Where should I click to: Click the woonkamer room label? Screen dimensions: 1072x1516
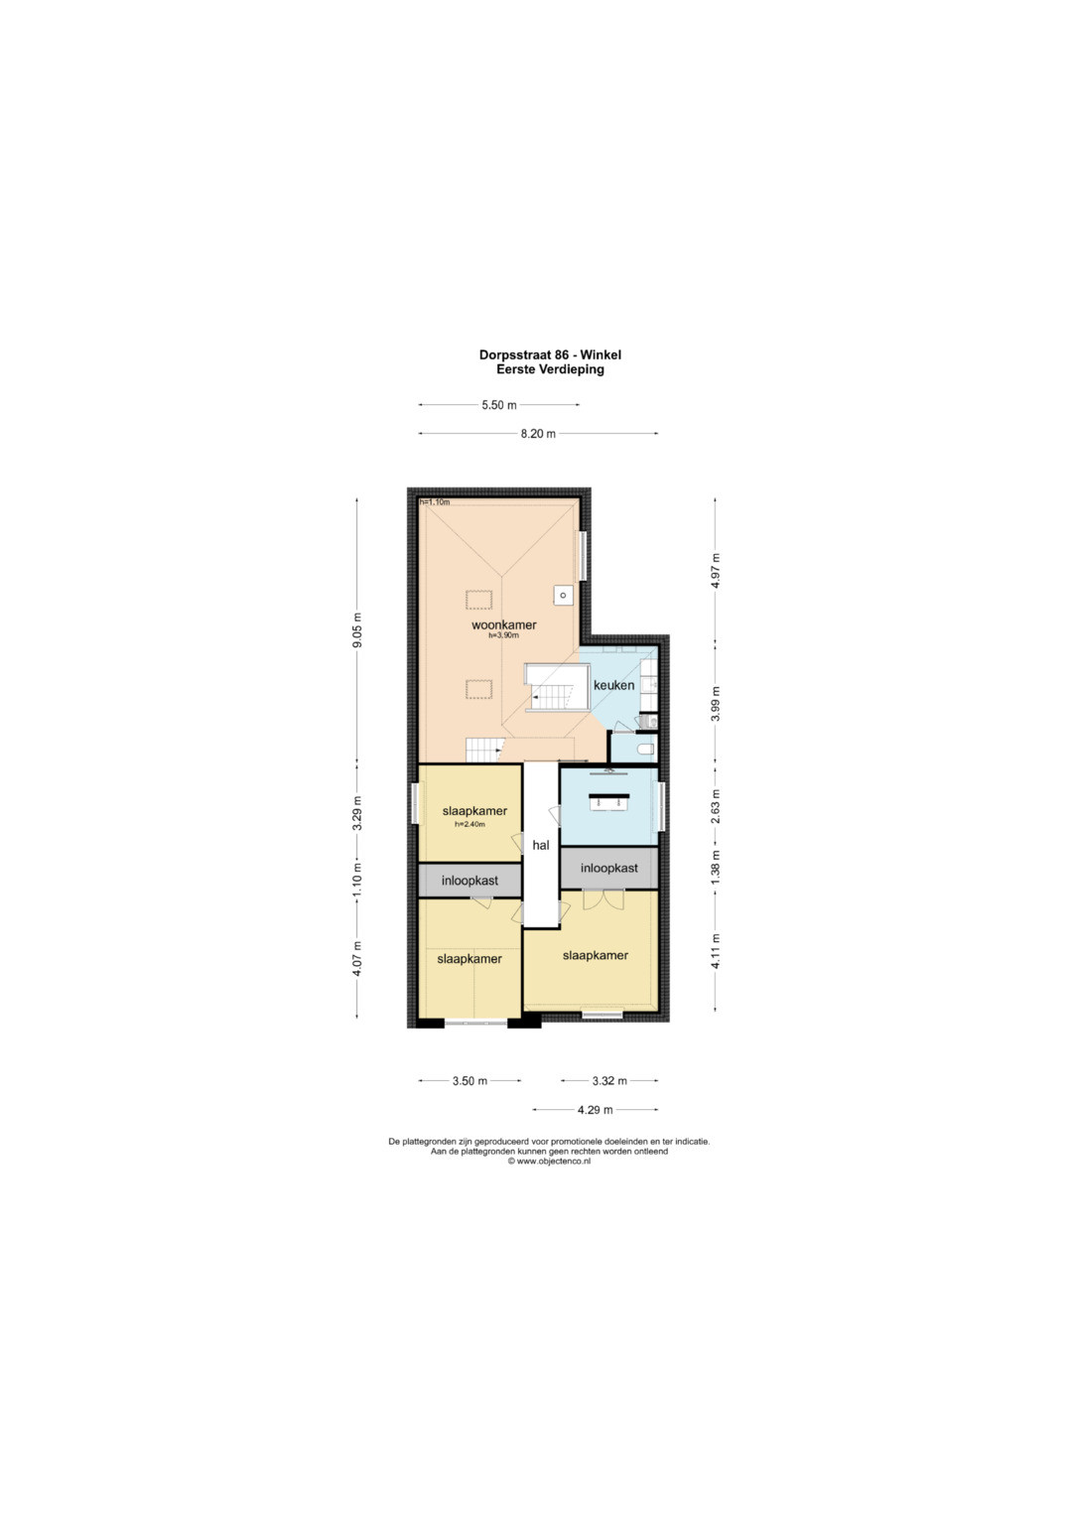503,624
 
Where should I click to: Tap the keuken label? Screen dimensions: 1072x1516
613,685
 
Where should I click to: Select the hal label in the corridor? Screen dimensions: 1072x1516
541,845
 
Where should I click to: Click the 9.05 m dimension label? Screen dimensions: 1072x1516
357,630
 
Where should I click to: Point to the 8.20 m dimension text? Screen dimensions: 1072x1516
538,434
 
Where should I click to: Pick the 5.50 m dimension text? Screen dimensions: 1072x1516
498,405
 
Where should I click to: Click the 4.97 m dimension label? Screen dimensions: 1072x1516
716,571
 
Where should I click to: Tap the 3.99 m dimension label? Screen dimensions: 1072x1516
716,704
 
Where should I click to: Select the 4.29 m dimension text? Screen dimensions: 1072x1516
595,1109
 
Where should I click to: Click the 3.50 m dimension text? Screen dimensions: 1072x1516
469,1081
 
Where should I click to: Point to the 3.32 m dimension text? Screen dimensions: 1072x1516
609,1081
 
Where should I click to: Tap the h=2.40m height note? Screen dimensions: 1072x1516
469,824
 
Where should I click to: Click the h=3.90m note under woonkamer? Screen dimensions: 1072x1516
503,635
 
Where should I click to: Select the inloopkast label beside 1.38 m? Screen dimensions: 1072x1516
609,868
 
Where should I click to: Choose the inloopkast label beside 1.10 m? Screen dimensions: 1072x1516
469,881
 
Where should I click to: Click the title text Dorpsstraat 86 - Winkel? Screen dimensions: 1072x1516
550,354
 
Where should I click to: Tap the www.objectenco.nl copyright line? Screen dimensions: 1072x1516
549,1161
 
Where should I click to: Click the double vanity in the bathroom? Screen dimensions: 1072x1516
609,801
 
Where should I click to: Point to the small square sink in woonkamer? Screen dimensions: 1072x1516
563,595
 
